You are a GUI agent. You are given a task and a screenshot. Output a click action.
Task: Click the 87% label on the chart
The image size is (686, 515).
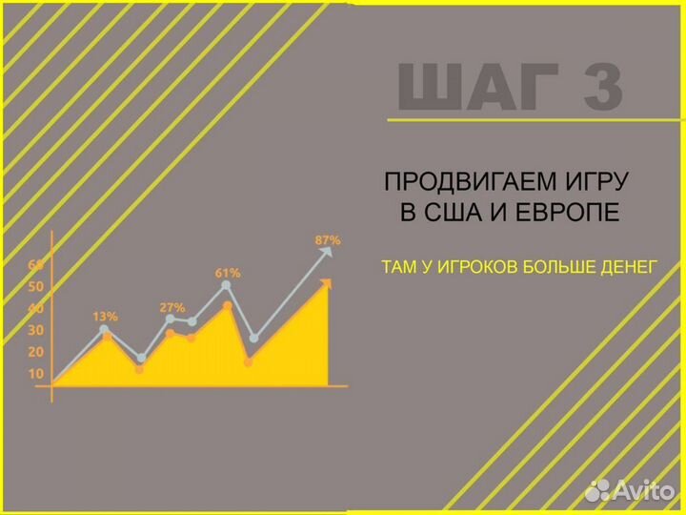point(328,240)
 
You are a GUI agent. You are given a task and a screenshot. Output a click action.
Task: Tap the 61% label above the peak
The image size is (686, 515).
point(228,273)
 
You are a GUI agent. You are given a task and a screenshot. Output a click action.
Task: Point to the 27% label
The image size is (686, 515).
point(172,308)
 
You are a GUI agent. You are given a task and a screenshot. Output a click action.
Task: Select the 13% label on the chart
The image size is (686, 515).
point(105,316)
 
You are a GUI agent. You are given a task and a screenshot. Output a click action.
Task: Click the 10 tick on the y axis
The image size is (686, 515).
point(36,374)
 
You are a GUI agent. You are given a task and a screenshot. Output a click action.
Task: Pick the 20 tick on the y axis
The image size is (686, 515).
point(36,352)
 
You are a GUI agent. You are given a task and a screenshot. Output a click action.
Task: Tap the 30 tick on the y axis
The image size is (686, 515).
point(36,330)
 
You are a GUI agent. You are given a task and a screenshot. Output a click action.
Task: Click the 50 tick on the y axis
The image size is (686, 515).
point(36,286)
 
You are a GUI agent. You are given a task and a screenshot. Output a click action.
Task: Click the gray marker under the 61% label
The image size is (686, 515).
point(226,285)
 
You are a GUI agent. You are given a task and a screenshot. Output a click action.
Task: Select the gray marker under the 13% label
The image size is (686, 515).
point(104,329)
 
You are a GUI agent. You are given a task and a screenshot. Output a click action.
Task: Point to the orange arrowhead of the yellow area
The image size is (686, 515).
point(326,283)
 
